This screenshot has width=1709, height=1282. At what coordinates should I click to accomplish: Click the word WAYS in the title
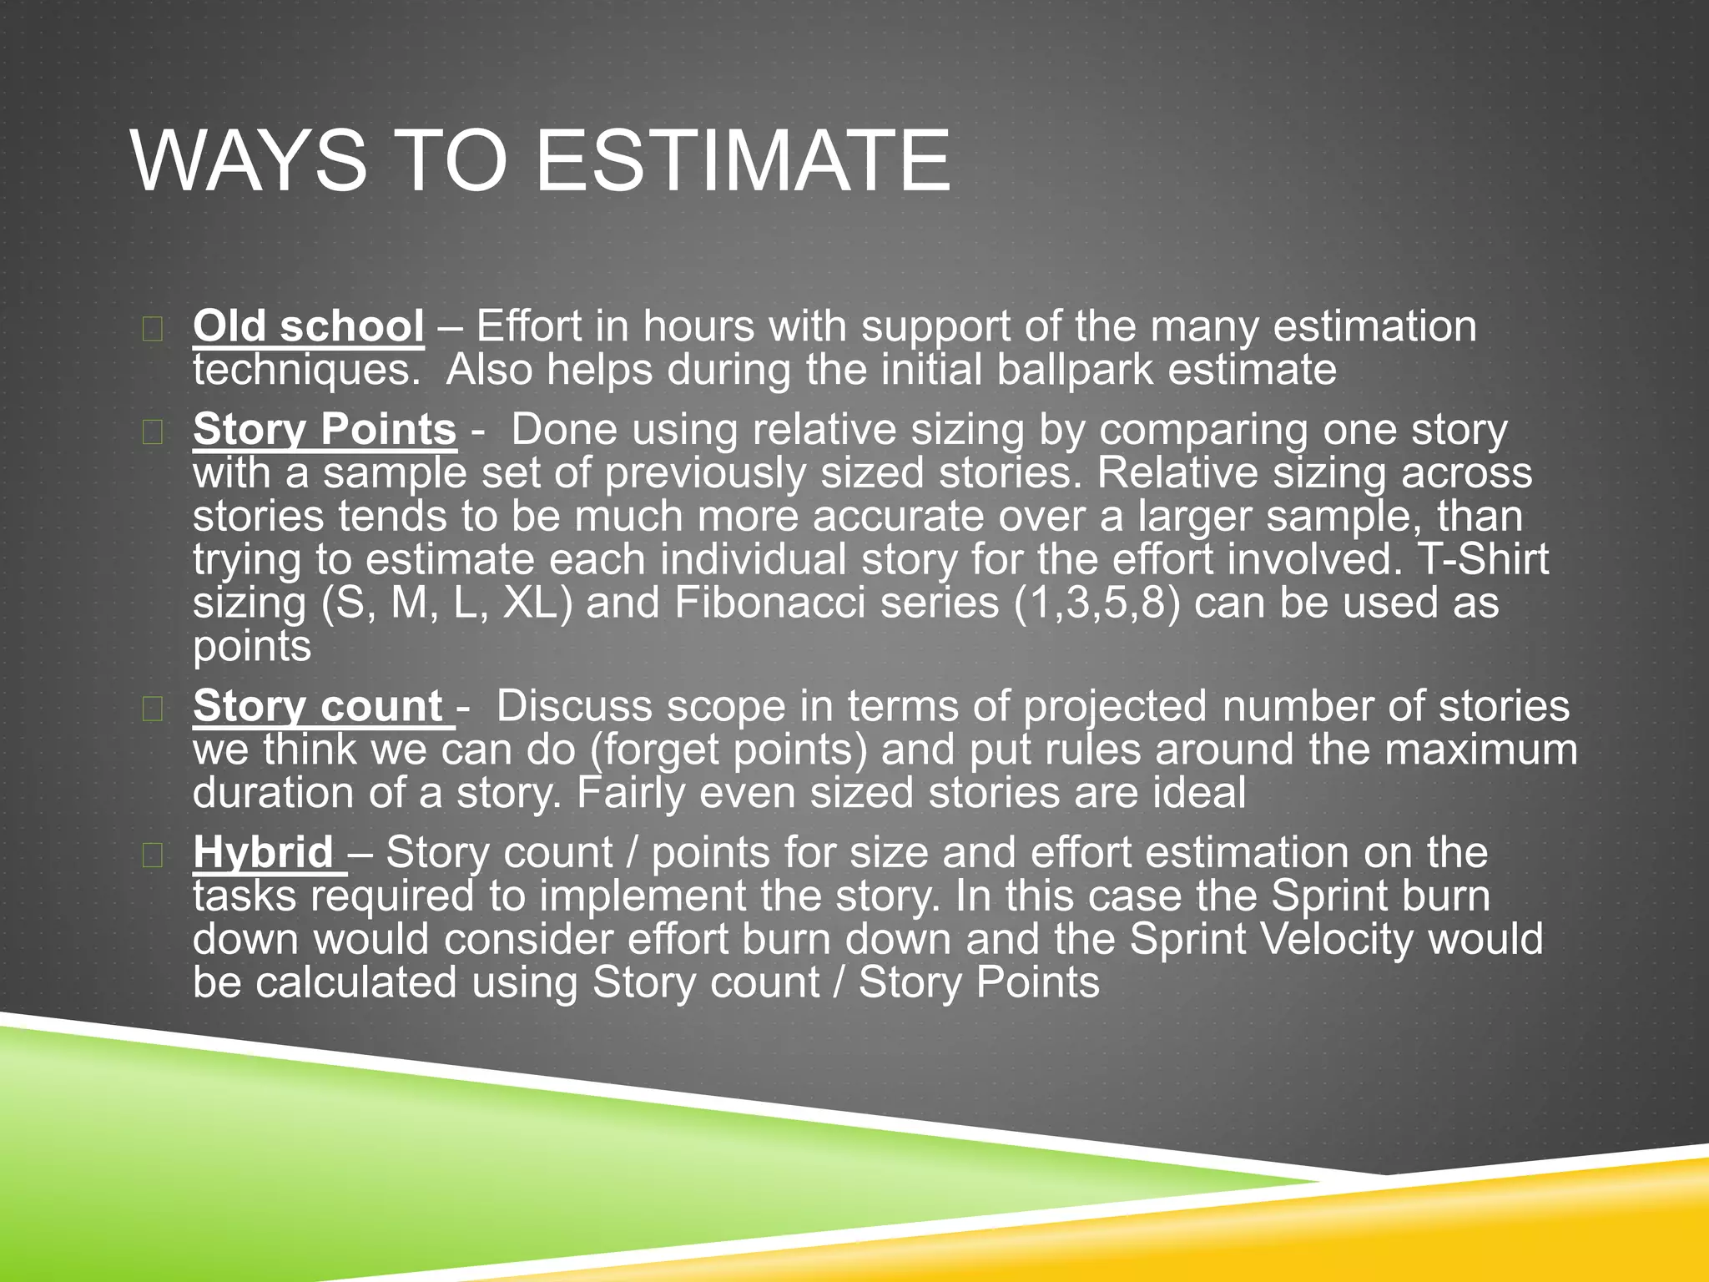[249, 160]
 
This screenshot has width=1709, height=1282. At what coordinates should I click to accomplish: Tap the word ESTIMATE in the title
[742, 160]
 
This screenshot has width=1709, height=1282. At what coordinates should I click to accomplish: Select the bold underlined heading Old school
[308, 326]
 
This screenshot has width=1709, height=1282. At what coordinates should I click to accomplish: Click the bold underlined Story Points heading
[325, 430]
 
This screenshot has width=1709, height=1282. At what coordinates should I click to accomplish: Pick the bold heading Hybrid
[264, 853]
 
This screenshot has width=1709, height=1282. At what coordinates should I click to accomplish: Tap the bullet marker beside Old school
[152, 329]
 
